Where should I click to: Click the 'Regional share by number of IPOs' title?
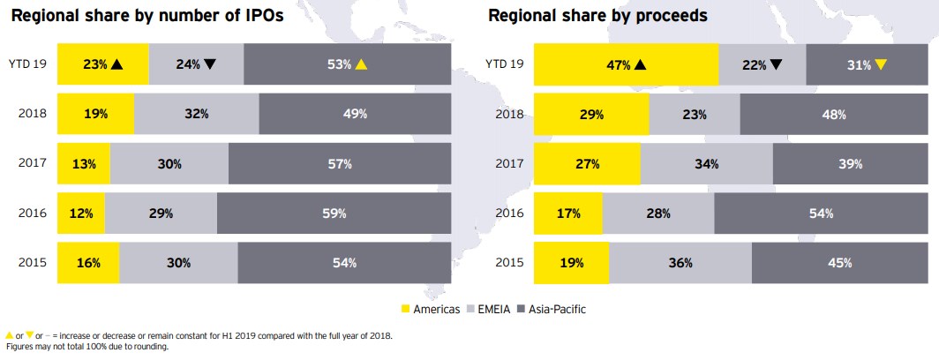146,17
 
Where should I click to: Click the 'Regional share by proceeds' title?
597,17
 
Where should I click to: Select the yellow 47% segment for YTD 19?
627,64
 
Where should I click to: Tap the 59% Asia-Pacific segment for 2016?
334,214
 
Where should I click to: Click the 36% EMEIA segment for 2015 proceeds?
680,263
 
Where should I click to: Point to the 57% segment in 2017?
340,164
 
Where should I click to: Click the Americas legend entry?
432,309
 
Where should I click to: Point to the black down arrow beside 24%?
209,64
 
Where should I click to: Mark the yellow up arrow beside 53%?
360,64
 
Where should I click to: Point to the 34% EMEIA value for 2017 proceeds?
706,164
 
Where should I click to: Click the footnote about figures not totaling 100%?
86,348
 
